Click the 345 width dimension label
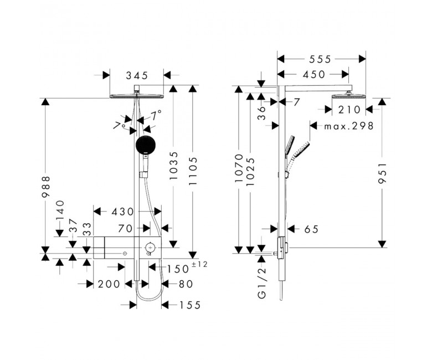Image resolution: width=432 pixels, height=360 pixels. [137, 75]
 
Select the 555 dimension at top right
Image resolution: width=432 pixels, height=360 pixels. [320, 59]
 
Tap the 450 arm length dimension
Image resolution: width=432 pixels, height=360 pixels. [314, 74]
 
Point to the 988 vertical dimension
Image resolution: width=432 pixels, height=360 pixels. [46, 187]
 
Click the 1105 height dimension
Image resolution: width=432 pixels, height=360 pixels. [193, 171]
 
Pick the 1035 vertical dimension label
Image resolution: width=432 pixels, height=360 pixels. [173, 166]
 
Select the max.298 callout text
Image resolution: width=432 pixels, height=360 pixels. [349, 126]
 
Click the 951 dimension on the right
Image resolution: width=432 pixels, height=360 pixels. [382, 173]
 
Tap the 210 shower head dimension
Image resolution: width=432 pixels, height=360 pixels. [349, 110]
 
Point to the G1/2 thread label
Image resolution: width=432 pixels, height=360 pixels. [262, 282]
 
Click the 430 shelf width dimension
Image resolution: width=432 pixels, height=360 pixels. [122, 212]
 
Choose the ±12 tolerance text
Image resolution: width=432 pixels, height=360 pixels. [199, 264]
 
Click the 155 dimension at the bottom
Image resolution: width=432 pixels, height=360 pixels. [190, 305]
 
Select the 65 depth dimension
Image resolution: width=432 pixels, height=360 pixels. [311, 229]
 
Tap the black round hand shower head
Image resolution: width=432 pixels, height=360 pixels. [146, 145]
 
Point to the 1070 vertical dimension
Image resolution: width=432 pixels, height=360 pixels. [239, 168]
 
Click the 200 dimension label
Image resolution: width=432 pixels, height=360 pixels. [109, 284]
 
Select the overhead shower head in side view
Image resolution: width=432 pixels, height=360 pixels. [349, 96]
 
